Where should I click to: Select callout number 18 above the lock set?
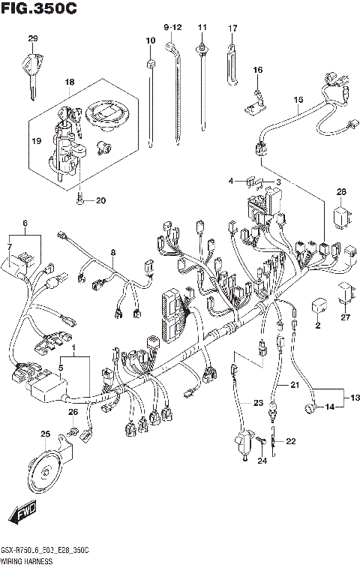(69, 82)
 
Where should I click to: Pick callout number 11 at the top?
(202, 27)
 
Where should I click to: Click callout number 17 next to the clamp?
(232, 29)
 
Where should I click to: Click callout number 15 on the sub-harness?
(298, 100)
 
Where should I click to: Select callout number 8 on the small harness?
(113, 252)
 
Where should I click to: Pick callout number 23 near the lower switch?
(258, 404)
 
